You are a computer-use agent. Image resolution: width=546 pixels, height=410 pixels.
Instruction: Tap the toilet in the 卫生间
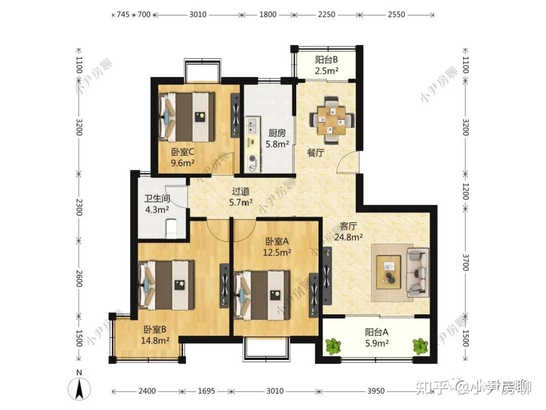click(171, 229)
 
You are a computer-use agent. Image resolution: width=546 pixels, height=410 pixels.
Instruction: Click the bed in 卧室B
click(166, 285)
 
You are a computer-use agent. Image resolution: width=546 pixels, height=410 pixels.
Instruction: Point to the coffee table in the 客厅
click(389, 272)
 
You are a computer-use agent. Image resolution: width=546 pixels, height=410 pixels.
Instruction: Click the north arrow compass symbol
click(79, 388)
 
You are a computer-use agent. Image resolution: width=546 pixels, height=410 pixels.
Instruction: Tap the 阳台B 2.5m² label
click(326, 65)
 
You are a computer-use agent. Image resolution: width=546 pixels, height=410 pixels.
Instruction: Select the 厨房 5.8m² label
click(277, 138)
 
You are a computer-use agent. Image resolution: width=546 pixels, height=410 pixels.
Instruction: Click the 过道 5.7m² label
click(241, 196)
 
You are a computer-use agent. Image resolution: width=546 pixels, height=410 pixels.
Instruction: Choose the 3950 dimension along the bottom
click(376, 391)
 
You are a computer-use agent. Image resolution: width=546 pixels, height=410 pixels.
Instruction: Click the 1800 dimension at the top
click(268, 15)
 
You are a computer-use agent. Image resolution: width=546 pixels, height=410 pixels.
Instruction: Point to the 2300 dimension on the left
click(79, 207)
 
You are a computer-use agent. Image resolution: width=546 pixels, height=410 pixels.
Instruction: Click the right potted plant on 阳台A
click(420, 346)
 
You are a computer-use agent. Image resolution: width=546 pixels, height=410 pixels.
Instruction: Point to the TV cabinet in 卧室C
click(236, 115)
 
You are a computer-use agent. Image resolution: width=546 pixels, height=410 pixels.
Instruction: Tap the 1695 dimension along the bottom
click(206, 391)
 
